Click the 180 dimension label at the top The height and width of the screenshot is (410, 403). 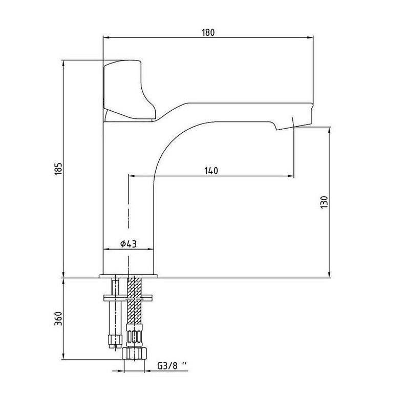[208, 33]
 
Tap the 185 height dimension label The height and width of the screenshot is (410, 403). [59, 169]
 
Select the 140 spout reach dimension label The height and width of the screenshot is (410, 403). [211, 171]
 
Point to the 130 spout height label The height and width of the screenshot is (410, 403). [324, 202]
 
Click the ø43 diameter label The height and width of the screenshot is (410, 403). [129, 244]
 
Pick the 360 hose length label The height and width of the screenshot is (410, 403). [58, 318]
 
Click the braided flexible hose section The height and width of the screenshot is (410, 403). [134, 301]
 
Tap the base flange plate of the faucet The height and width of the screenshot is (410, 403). [129, 276]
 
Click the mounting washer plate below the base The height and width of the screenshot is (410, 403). [128, 298]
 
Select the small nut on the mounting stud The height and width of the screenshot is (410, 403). [115, 339]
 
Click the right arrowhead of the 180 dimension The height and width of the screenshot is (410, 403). [310, 37]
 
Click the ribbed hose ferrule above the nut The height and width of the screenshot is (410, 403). [134, 336]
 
